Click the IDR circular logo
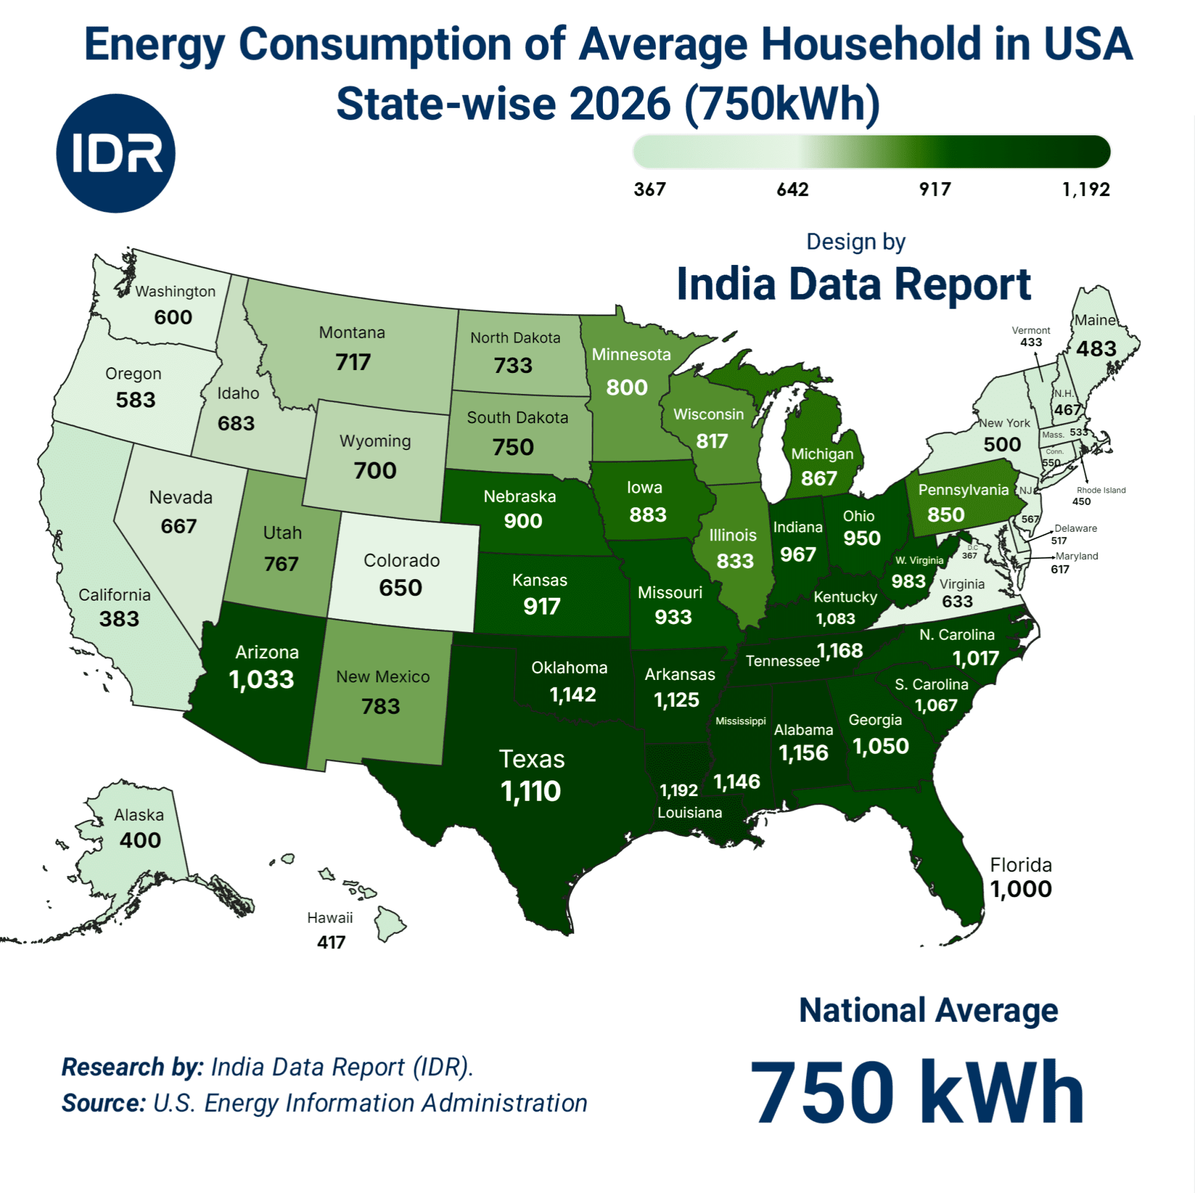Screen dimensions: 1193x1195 116,153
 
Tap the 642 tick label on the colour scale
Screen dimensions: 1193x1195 792,189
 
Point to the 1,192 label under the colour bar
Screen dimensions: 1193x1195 1085,189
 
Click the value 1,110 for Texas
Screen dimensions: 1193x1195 531,791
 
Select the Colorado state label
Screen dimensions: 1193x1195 401,561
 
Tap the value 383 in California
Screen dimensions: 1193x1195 119,619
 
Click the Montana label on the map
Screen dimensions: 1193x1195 352,333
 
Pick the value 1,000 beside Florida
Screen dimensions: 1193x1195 1021,889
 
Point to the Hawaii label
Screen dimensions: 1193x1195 330,918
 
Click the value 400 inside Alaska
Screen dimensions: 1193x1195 141,840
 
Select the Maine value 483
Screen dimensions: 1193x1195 1096,349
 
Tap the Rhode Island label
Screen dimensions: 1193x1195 1101,490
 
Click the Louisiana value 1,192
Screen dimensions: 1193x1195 679,790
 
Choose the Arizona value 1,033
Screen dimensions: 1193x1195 261,679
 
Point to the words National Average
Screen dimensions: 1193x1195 928,1010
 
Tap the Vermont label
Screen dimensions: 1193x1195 1030,330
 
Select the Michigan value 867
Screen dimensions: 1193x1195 818,479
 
